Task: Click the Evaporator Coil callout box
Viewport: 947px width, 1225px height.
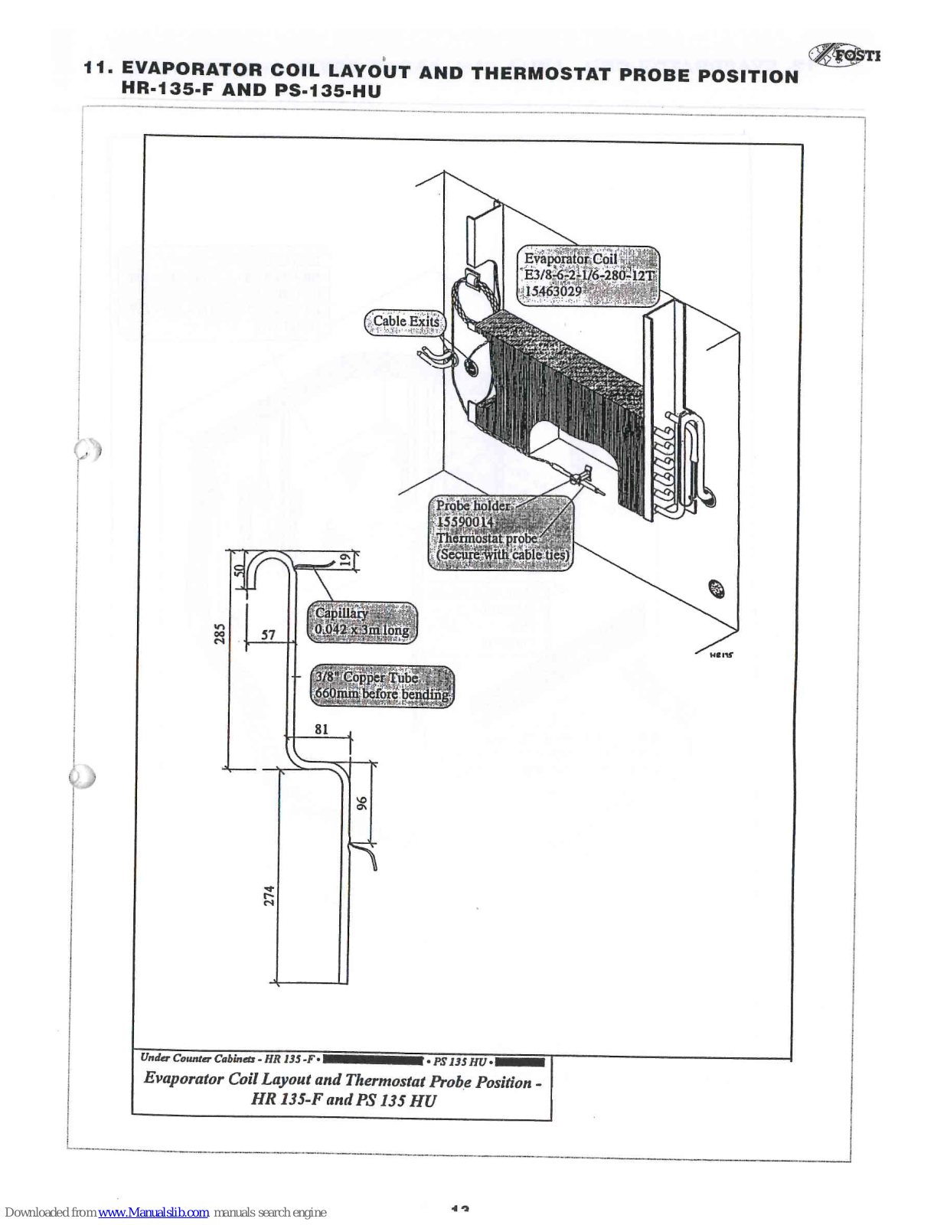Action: [588, 276]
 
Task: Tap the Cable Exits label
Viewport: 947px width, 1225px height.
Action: [405, 322]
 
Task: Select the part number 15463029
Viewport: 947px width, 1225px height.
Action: [553, 292]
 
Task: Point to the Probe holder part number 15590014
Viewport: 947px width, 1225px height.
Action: [465, 522]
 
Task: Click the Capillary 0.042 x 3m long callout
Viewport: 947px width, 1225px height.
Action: [362, 622]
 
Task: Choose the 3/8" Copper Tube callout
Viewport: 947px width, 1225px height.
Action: [382, 686]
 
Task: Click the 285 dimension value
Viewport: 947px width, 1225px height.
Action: [220, 634]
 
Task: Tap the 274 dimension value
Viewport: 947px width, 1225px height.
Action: [269, 895]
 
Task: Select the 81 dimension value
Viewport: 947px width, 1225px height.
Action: [322, 729]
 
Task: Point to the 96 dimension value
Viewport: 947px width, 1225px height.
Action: [362, 802]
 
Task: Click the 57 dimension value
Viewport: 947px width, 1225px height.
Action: [268, 635]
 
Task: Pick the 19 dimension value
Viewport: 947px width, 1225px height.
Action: [345, 560]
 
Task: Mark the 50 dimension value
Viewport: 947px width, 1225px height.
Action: [238, 570]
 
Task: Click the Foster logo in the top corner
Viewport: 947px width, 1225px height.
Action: [845, 55]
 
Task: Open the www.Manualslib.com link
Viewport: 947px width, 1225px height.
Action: [153, 1212]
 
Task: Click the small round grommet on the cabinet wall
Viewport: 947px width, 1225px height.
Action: [716, 589]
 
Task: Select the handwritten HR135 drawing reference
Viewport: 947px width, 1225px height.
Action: [720, 655]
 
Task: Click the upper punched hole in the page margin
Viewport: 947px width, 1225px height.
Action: [87, 449]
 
